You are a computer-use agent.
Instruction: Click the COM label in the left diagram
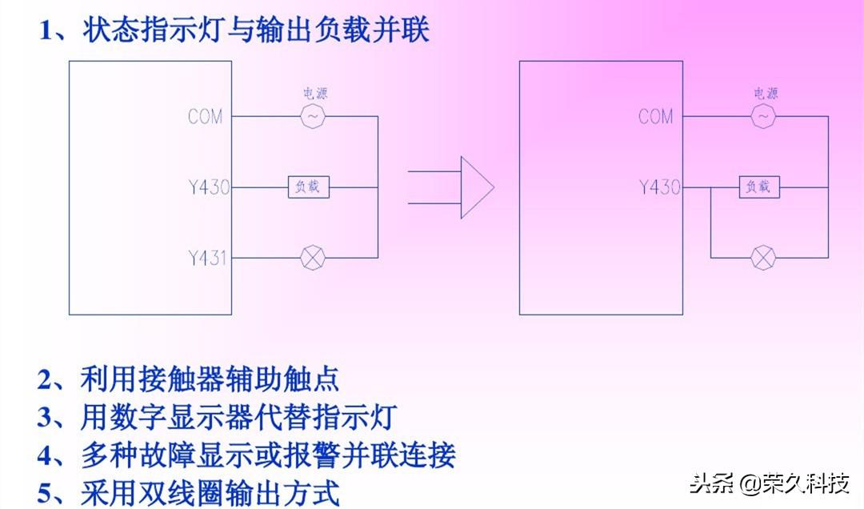tap(205, 117)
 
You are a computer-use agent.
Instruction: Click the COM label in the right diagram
tap(655, 117)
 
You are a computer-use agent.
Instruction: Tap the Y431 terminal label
tap(207, 259)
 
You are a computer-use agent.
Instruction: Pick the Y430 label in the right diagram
tap(658, 188)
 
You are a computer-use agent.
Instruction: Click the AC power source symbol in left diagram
tap(313, 118)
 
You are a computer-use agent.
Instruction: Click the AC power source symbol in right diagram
tap(763, 118)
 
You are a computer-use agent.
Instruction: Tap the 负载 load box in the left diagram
tap(308, 188)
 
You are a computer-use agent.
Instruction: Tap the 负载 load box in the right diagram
tap(758, 188)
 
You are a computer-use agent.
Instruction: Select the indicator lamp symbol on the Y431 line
tap(312, 258)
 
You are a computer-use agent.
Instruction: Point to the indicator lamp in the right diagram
tap(763, 258)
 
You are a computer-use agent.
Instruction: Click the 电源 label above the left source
tap(314, 94)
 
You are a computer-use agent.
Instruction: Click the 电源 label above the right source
tap(766, 94)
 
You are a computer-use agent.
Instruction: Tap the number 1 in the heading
tap(46, 31)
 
